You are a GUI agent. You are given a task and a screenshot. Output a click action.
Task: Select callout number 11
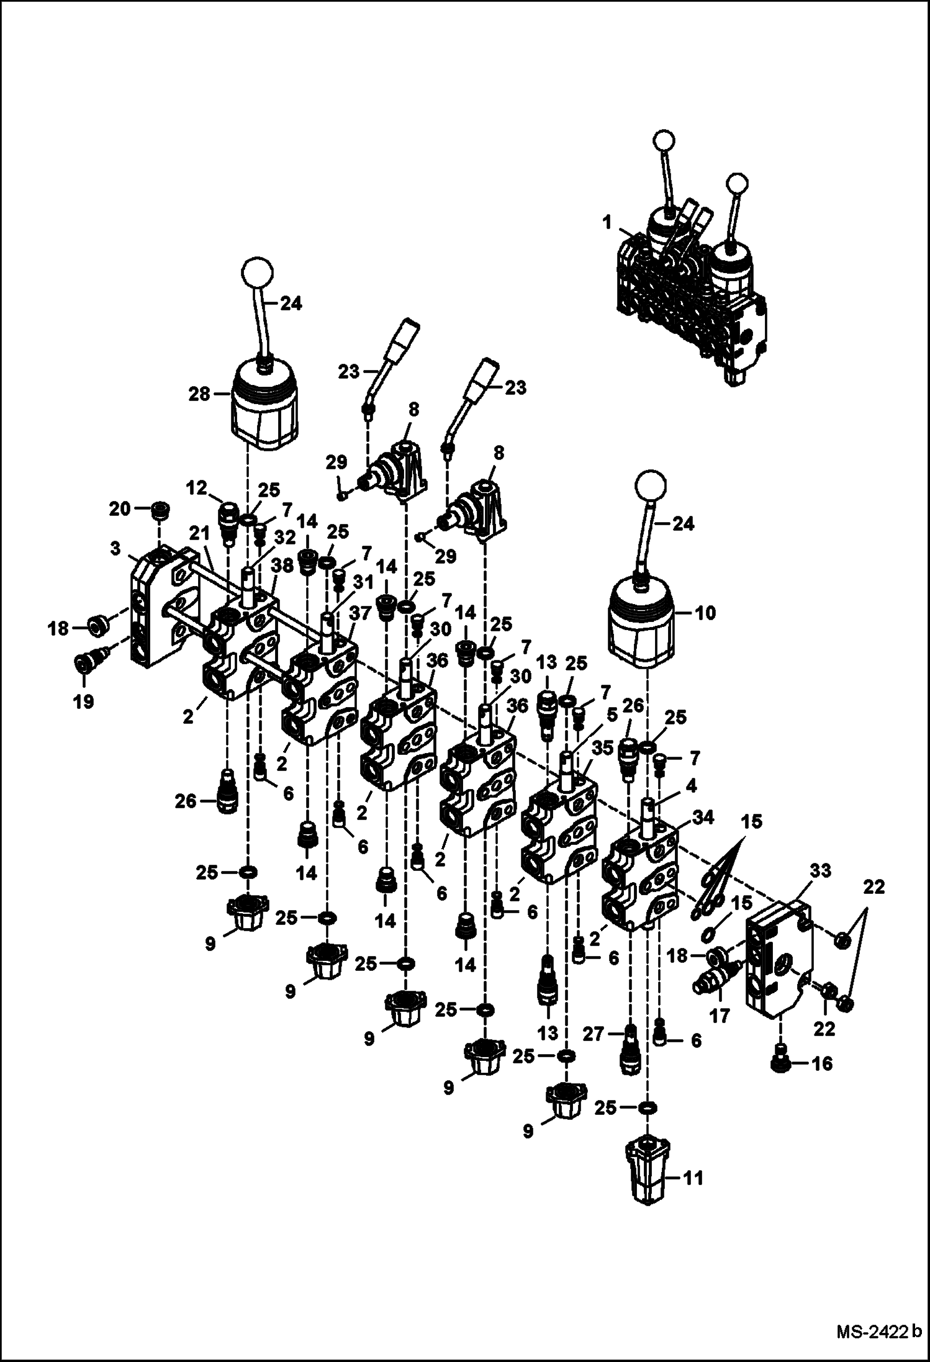click(693, 1178)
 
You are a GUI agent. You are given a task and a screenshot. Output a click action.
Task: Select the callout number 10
click(705, 613)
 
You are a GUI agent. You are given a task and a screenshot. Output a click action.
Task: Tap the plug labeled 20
click(161, 510)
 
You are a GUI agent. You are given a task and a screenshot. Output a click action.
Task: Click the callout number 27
click(594, 1034)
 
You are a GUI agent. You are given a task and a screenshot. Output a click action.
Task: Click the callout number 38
click(282, 566)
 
